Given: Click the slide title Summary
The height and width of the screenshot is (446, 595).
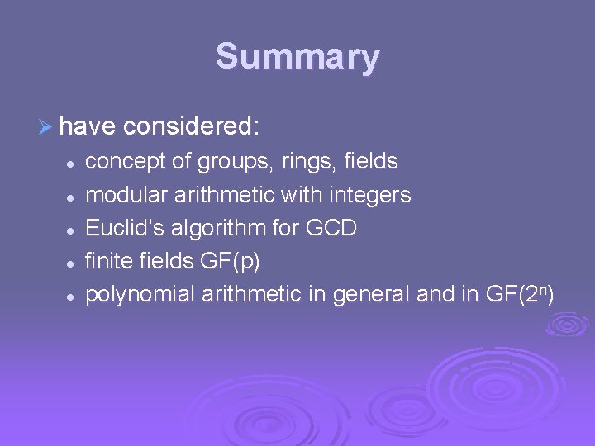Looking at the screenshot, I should point(297,57).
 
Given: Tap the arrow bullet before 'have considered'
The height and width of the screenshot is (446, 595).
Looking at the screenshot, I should point(45,126).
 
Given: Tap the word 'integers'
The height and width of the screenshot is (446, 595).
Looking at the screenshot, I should point(370,195).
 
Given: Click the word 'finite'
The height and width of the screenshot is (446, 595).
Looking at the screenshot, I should point(107,261).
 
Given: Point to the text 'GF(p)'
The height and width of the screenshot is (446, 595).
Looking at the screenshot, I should point(230,262).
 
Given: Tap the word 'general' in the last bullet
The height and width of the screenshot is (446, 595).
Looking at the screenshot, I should point(367,294).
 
